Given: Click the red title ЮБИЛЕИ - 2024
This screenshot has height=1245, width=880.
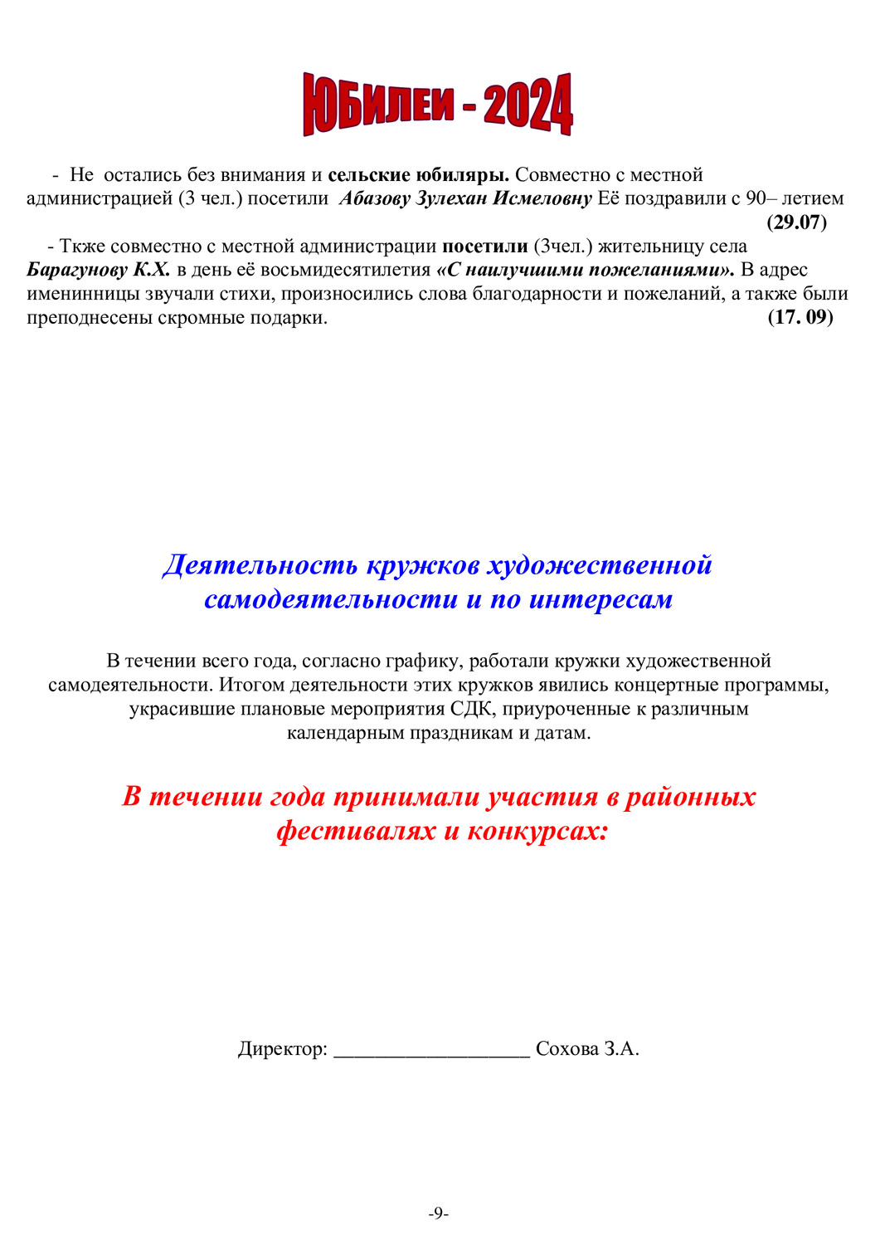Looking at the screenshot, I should coord(438,105).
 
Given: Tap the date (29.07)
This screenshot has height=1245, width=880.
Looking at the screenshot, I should coord(796,222).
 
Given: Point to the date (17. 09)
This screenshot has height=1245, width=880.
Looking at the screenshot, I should coord(800,317).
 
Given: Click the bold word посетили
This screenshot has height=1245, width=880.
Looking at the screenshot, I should coord(484,247).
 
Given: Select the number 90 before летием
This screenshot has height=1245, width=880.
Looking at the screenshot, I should coord(756,198).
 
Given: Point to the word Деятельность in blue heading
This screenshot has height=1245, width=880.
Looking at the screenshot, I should coord(260,565).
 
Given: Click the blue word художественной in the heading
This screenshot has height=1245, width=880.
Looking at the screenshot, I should coord(599,565).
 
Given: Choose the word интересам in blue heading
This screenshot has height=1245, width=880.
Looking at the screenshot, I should coord(600,599).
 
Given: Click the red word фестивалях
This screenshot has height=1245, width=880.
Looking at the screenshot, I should coord(357,831).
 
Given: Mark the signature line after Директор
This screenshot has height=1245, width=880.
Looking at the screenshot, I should coord(431,1052).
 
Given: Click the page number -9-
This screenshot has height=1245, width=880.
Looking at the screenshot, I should coord(439,1213).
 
